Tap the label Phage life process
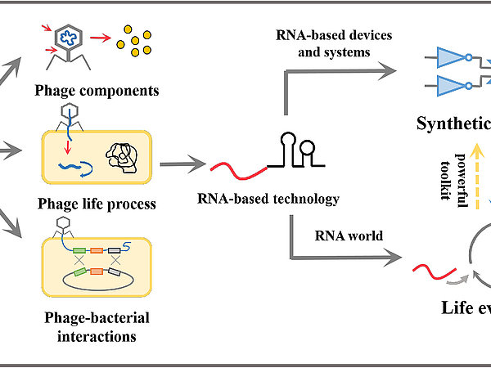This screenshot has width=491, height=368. pyautogui.click(x=97, y=204)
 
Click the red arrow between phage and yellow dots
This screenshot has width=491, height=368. pyautogui.click(x=102, y=36)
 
